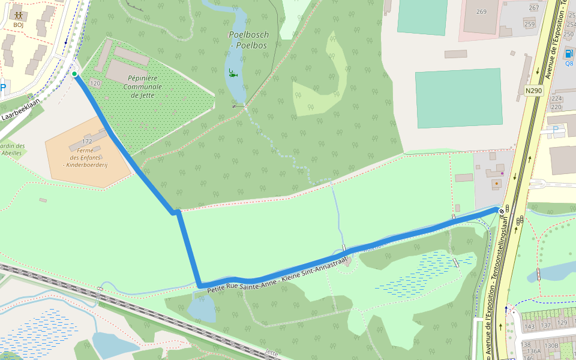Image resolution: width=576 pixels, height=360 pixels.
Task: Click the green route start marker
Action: pyautogui.click(x=74, y=74)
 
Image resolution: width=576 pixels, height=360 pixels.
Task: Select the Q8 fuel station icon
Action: pyautogui.click(x=569, y=53)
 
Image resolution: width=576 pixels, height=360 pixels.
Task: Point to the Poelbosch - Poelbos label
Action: pyautogui.click(x=249, y=39)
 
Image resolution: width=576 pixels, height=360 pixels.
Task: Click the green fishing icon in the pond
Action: pyautogui.click(x=233, y=74)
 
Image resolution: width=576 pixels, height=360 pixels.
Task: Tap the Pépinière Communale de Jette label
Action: pyautogui.click(x=143, y=86)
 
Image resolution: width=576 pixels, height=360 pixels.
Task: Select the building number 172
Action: pyautogui.click(x=87, y=141)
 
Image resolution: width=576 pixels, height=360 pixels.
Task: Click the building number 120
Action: pyautogui.click(x=95, y=83)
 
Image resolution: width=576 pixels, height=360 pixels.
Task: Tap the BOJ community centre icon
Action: pyautogui.click(x=18, y=15)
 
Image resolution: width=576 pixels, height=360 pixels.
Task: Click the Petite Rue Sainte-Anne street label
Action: pyautogui.click(x=273, y=276)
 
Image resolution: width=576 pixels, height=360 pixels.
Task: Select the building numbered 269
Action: pyautogui.click(x=481, y=11)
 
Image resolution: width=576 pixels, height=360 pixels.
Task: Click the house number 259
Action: pyautogui.click(x=529, y=24)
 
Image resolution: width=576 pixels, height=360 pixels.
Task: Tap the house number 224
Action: pyautogui.click(x=556, y=98)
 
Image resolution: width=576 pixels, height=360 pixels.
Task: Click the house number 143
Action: pyautogui.click(x=529, y=326)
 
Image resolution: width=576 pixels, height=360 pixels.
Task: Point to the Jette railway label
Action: pyautogui.click(x=271, y=353)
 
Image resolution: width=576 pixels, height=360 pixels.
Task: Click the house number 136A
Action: pyautogui.click(x=529, y=352)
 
